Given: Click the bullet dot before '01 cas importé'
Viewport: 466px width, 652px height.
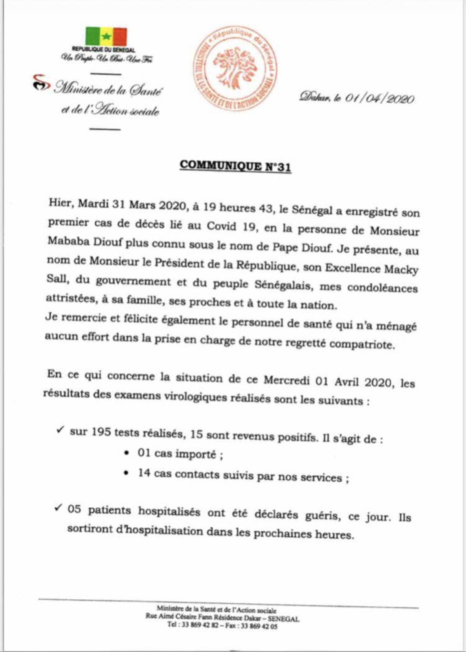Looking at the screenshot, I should pos(127,455).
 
